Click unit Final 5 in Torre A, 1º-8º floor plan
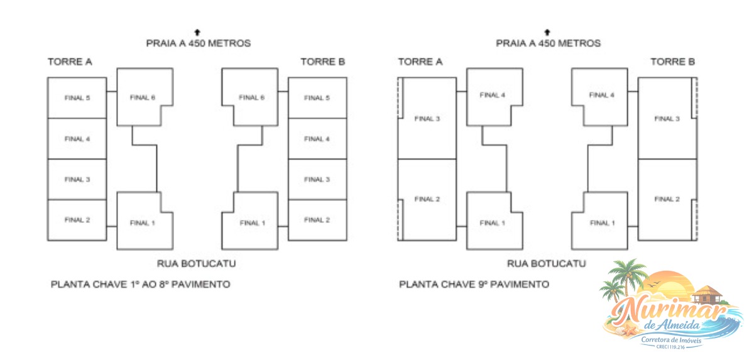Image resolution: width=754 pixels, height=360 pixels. [x=77, y=98]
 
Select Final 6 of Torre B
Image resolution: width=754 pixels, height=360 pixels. [x=251, y=97]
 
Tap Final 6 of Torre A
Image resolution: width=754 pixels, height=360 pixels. [x=143, y=97]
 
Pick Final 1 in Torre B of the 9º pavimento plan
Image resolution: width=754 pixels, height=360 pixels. [x=602, y=223]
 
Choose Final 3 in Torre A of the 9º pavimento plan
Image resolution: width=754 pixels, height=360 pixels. [x=427, y=119]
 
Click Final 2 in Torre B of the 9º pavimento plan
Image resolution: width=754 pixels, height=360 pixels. [x=667, y=199]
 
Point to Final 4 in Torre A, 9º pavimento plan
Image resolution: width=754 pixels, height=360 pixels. [x=493, y=95]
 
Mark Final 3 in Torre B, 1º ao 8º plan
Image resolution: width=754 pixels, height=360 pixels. [x=317, y=180]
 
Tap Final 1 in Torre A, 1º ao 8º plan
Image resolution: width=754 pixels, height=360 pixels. [x=143, y=223]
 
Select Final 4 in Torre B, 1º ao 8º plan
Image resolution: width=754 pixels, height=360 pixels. [x=317, y=139]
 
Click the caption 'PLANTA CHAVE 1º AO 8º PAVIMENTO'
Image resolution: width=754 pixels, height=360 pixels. [x=140, y=285]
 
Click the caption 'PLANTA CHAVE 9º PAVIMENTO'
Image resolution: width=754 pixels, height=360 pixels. [x=474, y=285]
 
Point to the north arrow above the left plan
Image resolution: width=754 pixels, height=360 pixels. [x=198, y=31]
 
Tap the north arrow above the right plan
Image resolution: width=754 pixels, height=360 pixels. [x=547, y=31]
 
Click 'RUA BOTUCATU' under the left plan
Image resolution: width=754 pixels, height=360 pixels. [x=197, y=264]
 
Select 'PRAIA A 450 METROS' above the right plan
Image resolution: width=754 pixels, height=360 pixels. [x=548, y=43]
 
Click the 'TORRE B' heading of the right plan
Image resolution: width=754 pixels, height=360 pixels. [x=672, y=62]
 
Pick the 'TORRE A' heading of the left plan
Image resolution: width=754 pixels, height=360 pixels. [x=70, y=62]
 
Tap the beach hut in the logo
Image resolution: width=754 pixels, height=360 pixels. [x=706, y=293]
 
